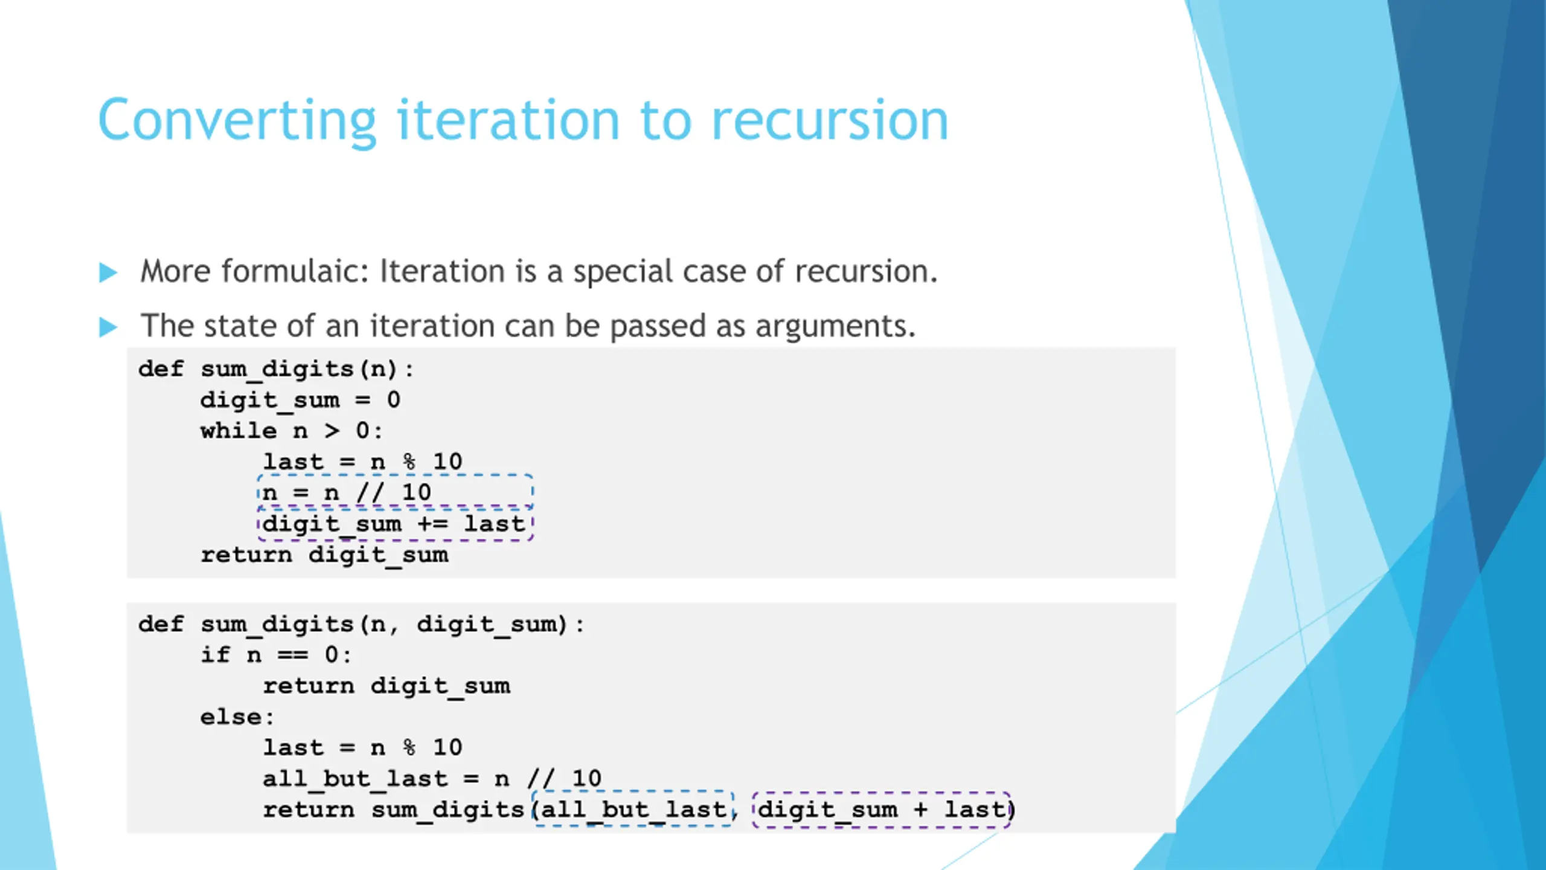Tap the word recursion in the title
830,120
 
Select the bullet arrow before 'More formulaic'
108,272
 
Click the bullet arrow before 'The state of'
108,327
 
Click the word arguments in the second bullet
835,327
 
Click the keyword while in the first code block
239,431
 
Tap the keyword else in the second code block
231,717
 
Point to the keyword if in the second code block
216,654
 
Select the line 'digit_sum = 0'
300,401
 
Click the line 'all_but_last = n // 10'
432,779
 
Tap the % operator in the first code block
409,462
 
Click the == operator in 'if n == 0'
293,655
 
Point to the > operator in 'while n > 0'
332,431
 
